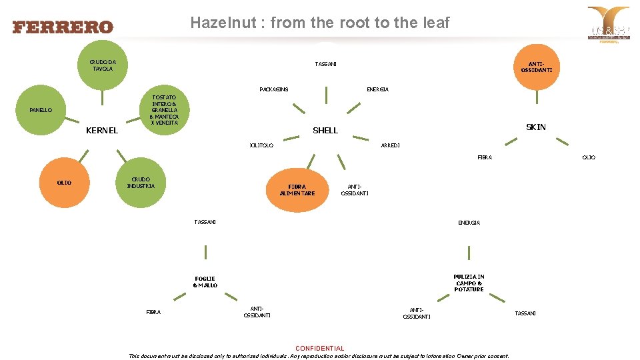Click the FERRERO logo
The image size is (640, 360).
(x=63, y=27)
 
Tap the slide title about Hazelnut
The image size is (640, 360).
(x=320, y=23)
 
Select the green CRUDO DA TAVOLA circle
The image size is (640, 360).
(x=103, y=65)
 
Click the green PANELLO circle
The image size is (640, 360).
(x=41, y=110)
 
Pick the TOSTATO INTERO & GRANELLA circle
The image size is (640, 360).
(x=164, y=110)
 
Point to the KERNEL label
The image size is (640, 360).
(x=102, y=131)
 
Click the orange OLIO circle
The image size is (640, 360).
(x=65, y=183)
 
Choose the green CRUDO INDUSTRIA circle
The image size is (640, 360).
(x=142, y=183)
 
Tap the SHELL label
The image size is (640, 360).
(x=325, y=131)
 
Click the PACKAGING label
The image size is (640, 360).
(x=273, y=89)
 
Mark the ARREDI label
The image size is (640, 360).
(x=390, y=145)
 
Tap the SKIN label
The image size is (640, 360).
(x=536, y=127)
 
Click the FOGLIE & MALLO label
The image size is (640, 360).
(x=205, y=282)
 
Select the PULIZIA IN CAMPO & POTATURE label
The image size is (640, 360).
(x=469, y=283)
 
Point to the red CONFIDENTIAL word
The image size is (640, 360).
(x=319, y=348)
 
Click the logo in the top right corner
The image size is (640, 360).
(x=607, y=25)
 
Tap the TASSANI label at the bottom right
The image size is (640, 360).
(x=525, y=313)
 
